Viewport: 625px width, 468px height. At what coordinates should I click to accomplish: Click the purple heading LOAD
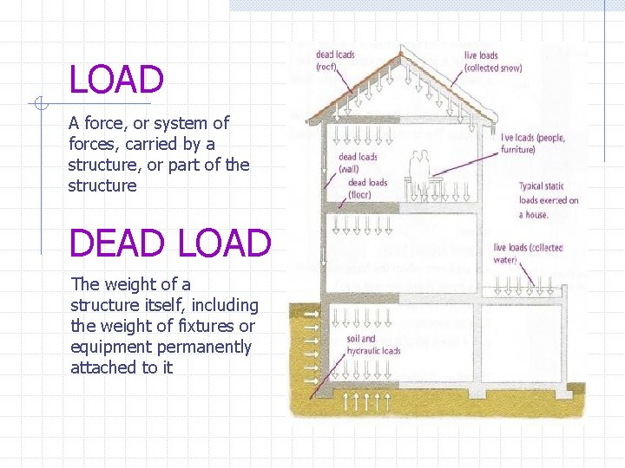[x=116, y=81]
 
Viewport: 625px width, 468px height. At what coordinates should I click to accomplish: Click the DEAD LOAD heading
[x=170, y=244]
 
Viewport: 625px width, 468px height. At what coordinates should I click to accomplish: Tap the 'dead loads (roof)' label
[x=335, y=61]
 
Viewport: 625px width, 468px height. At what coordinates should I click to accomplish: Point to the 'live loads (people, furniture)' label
[x=532, y=143]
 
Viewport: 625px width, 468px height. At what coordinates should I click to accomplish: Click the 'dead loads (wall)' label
[x=358, y=163]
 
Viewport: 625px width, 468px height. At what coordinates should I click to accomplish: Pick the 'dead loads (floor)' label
[x=367, y=188]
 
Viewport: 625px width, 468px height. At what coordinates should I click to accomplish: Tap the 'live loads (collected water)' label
[x=528, y=253]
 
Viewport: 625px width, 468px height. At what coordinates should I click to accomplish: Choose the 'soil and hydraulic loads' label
[x=373, y=345]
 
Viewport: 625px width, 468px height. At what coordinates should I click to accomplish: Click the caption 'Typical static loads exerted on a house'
[x=549, y=200]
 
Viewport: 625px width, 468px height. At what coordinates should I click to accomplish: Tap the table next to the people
[x=437, y=183]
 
